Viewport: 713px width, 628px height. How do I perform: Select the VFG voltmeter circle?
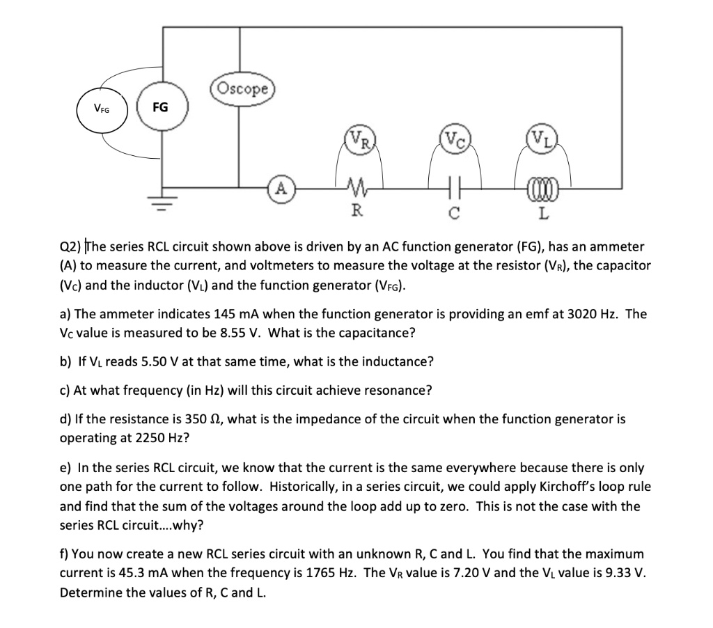(102, 109)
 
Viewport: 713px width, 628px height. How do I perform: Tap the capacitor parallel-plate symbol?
(453, 187)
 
